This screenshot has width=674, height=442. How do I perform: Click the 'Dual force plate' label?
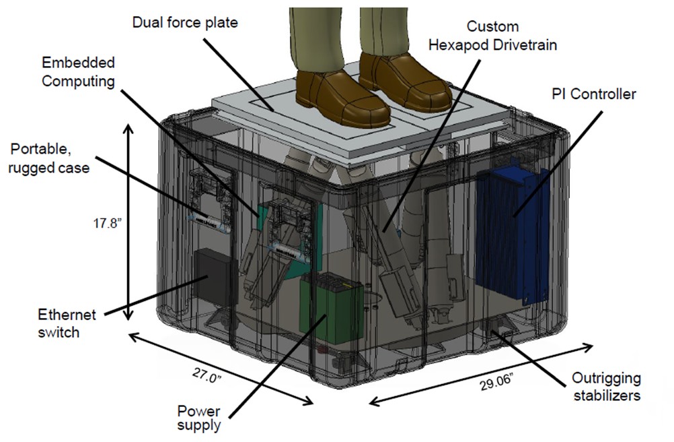coord(185,23)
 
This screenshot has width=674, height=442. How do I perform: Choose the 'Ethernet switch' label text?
coord(68,323)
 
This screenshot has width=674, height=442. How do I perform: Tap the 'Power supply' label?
coord(199,417)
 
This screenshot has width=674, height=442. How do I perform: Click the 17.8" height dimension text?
coord(106,223)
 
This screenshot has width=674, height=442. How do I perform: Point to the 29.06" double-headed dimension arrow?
coord(481,374)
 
